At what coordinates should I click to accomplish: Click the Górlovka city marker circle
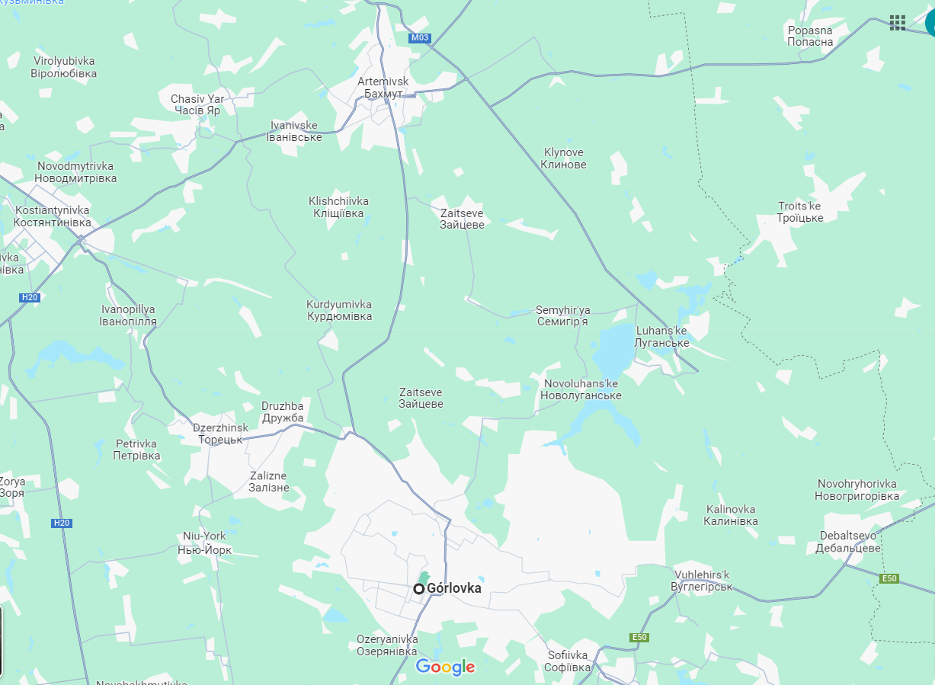point(419,589)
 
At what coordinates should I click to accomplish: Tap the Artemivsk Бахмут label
point(383,88)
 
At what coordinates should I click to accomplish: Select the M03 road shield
point(419,38)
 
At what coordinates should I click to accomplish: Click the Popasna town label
point(810,36)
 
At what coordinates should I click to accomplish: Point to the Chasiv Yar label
point(197,104)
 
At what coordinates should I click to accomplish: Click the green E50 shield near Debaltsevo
point(889,579)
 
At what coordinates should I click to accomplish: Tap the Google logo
point(446,667)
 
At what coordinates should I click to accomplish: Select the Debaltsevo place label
point(848,542)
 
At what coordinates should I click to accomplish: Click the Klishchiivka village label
point(338,207)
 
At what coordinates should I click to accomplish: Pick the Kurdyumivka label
point(339,310)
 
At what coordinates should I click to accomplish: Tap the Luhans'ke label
point(661,337)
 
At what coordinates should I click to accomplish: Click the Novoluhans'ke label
point(581,389)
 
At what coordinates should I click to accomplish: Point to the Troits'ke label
point(800,212)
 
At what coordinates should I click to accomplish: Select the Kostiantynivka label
point(52,216)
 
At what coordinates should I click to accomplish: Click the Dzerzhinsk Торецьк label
point(220,434)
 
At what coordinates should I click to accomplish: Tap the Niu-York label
point(204,542)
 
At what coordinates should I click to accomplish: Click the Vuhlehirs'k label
point(702,581)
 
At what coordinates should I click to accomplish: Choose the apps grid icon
point(898,23)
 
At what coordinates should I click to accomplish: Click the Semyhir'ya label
point(562,315)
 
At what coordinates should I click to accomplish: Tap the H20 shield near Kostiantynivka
point(29,297)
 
